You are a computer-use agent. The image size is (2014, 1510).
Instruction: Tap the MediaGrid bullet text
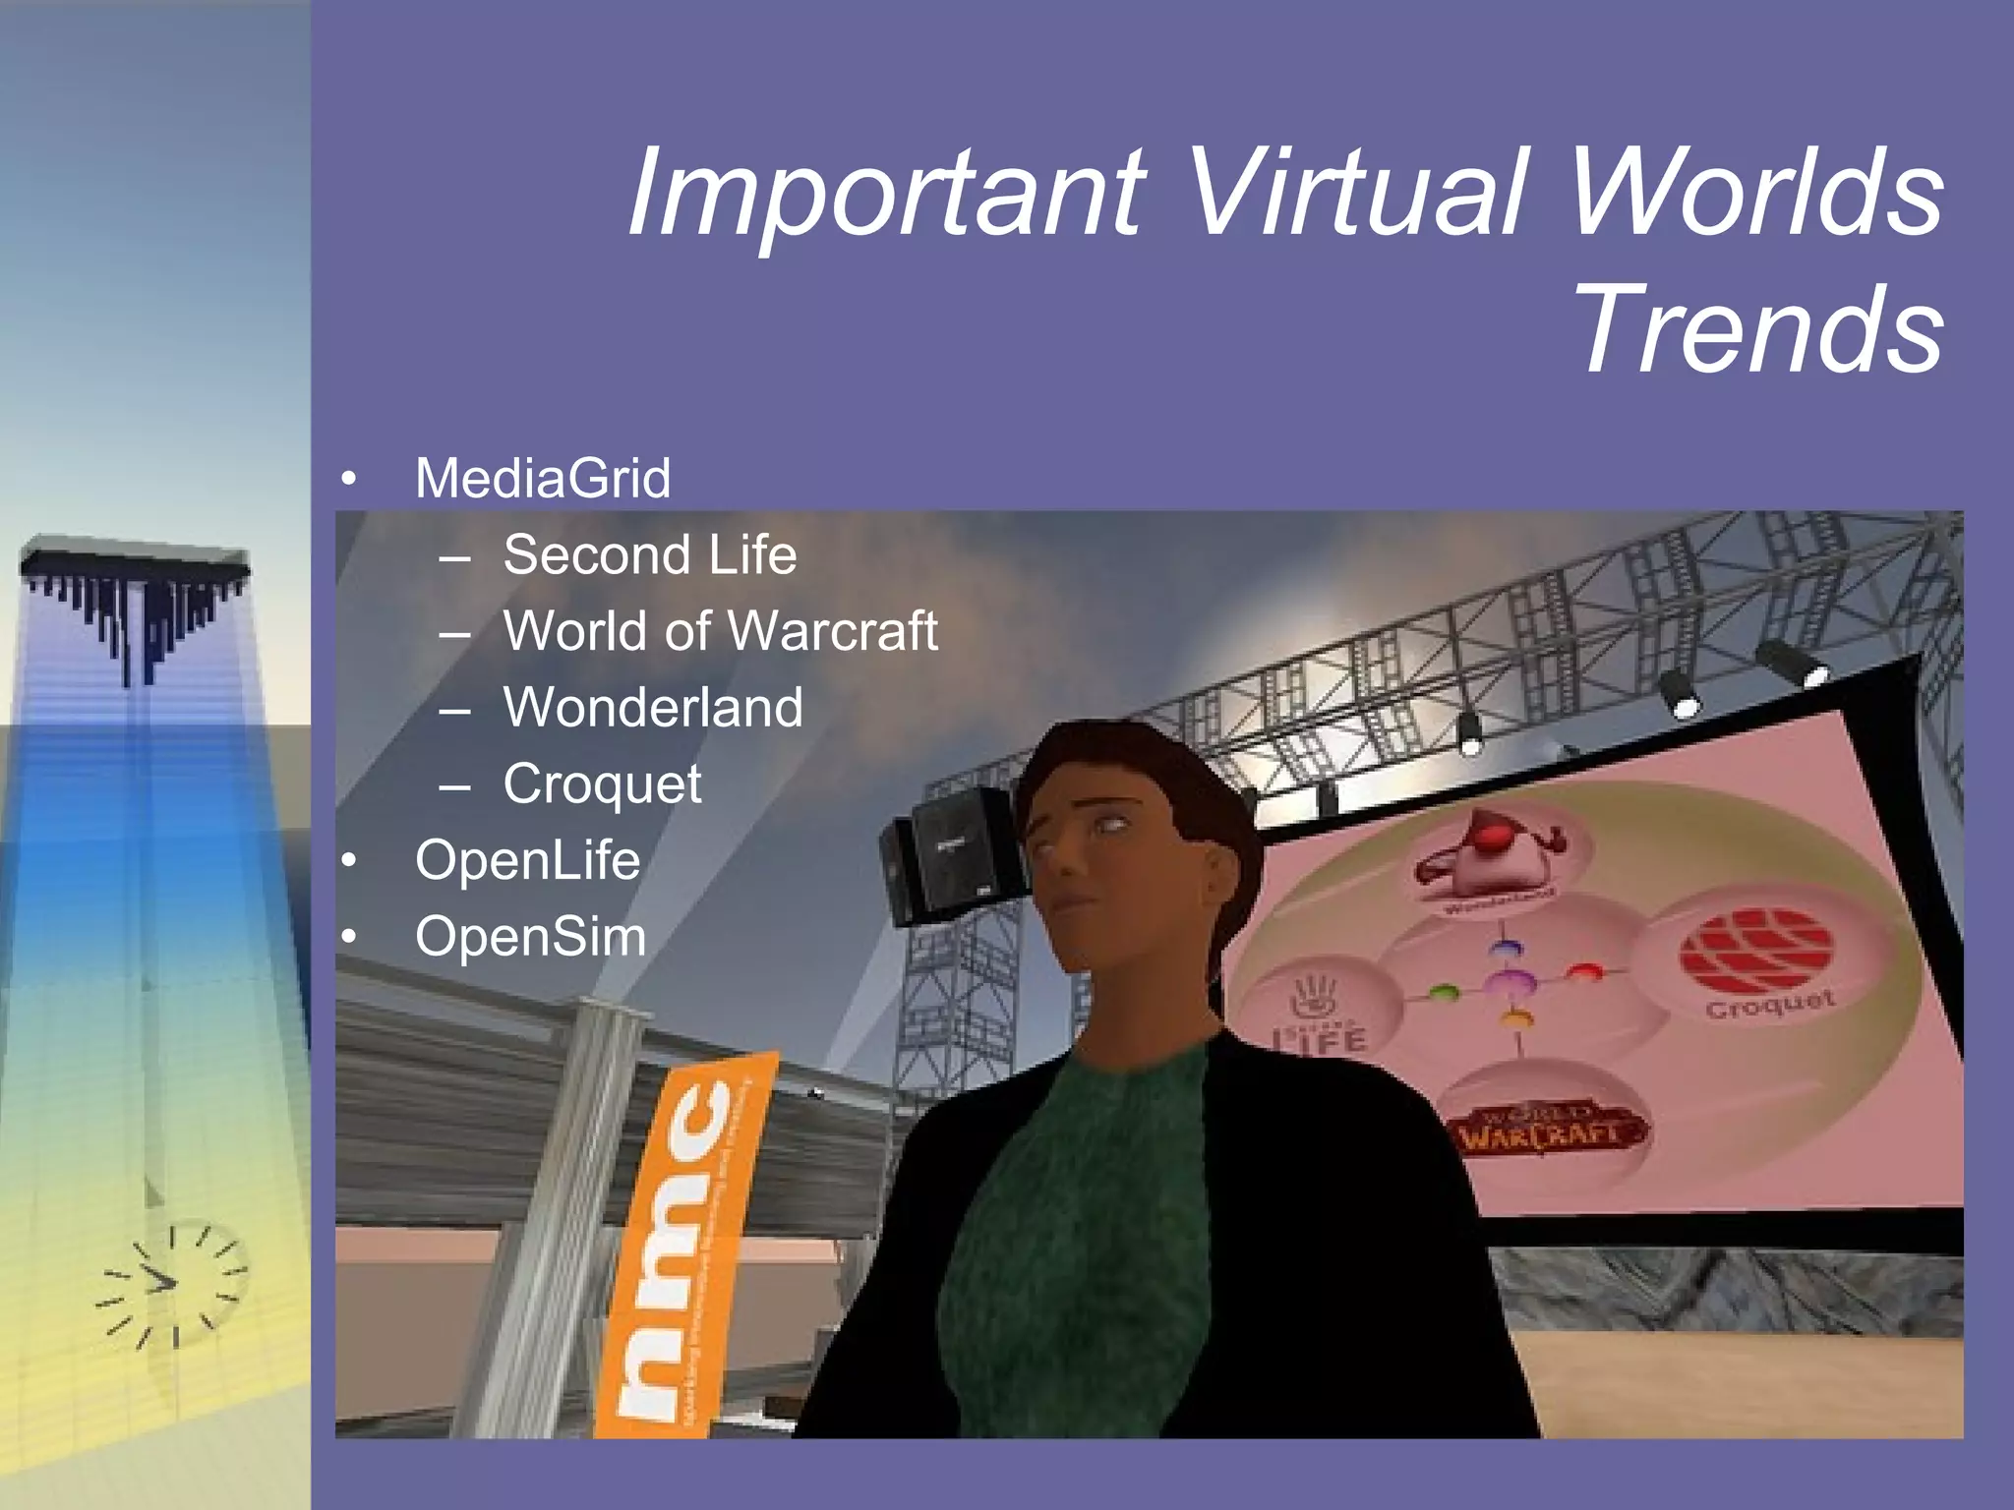pos(543,479)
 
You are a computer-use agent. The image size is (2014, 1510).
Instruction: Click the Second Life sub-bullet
pos(649,554)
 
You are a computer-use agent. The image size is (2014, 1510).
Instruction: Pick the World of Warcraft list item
pos(720,630)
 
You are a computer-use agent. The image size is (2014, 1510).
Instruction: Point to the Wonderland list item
pos(653,707)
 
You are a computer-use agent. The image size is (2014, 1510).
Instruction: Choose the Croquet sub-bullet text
pos(602,784)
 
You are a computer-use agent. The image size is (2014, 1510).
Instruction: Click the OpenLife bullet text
pos(527,860)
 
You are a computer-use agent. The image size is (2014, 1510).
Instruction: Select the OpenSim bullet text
pos(531,936)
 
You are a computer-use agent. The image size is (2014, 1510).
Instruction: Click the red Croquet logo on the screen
pos(1755,949)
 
